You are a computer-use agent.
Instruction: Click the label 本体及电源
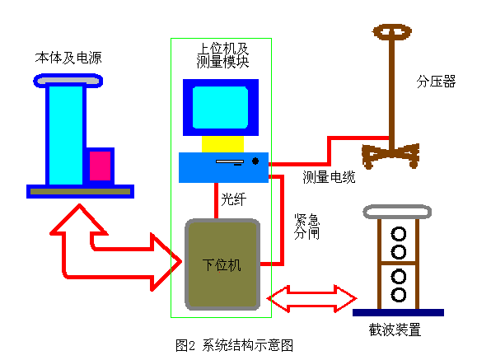click(68, 58)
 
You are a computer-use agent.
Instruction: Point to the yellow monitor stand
click(221, 144)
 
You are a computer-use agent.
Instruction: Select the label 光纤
click(233, 200)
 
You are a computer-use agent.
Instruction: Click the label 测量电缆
click(330, 176)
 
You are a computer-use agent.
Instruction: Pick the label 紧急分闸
click(306, 227)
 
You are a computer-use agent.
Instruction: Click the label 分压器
click(436, 82)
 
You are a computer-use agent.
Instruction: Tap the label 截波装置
click(395, 330)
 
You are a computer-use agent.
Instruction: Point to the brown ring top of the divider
click(392, 34)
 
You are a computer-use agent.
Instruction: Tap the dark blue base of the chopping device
click(398, 312)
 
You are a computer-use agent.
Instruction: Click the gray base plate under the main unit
click(80, 191)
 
